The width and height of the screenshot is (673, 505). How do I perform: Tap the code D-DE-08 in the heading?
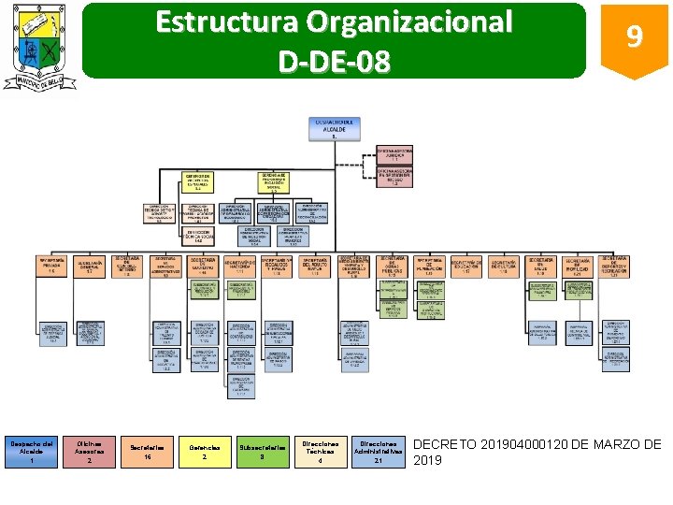(334, 61)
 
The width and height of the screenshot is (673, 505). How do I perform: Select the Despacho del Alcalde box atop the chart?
(333, 128)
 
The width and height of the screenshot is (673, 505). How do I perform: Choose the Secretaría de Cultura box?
(504, 267)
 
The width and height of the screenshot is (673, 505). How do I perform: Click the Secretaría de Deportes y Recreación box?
(615, 266)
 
